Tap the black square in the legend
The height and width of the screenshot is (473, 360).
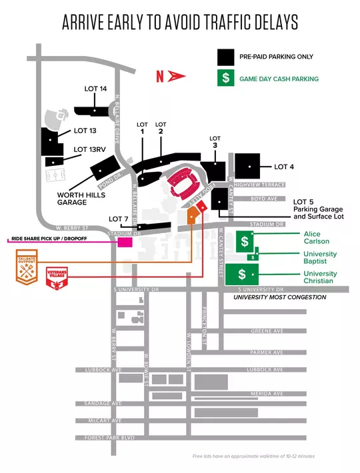tap(226, 57)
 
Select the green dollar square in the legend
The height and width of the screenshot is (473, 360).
tap(226, 79)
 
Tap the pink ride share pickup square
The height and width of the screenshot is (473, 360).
tap(125, 241)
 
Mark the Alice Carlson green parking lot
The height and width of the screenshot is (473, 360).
tap(245, 241)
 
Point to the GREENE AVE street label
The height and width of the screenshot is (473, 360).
tap(267, 331)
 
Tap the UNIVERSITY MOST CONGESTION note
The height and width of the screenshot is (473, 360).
tap(279, 297)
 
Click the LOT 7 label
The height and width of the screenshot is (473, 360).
tap(119, 219)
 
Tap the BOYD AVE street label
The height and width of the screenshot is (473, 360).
tap(265, 199)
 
